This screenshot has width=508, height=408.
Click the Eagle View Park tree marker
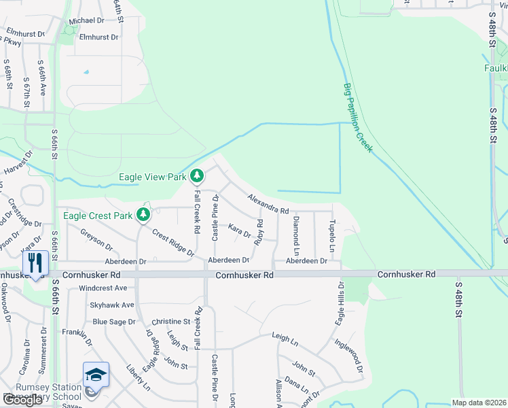196,177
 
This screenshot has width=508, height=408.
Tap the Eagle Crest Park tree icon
143,216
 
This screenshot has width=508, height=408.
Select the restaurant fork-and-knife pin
34,262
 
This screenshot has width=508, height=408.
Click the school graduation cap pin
96,375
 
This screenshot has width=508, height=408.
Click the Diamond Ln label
295,231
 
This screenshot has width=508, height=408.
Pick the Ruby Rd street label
259,232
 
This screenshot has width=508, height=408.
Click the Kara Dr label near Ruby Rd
240,231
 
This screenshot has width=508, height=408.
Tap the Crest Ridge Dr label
173,243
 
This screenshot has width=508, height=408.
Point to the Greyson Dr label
96,240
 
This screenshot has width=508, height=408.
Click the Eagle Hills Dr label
338,303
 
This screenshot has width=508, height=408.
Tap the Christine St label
170,321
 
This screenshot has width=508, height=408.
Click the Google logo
22,400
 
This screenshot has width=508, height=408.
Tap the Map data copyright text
479,403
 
